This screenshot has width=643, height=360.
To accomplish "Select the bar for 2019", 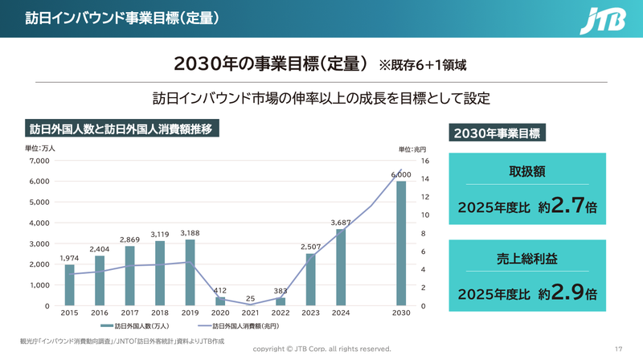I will tap(190, 272).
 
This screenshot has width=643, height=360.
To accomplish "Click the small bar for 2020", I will tap(220, 301).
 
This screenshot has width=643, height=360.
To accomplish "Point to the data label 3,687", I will tap(341, 223).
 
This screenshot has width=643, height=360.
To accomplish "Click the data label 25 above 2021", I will tap(251, 298).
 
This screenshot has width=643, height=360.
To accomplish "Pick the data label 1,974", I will tap(70, 258).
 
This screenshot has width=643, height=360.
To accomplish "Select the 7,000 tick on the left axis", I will tap(39, 161).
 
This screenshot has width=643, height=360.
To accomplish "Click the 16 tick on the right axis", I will tap(424, 161).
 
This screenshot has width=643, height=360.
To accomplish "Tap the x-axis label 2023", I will tap(310, 313).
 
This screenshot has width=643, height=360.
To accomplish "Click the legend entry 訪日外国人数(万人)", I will tap(136, 327).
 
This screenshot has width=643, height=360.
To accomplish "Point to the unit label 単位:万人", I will tap(40, 148).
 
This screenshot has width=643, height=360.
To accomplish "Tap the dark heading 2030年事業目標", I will tap(496, 133).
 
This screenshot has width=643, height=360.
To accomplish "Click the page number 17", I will tap(618, 349).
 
